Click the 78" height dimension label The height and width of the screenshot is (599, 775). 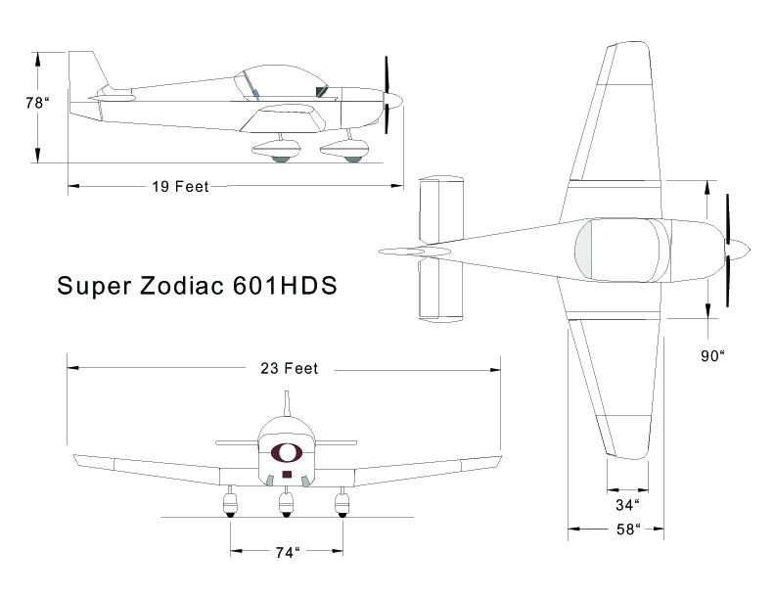pos(38,103)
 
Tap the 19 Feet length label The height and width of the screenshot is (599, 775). pos(180,187)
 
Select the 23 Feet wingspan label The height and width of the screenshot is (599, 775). pos(289,369)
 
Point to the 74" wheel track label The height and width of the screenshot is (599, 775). pos(288,553)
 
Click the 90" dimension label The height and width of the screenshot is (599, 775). pos(712,356)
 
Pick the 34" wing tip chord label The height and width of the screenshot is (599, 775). pos(627,505)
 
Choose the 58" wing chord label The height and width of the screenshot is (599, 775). pos(628,530)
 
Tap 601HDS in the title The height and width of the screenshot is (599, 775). pos(285,286)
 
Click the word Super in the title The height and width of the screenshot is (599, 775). pos(94,287)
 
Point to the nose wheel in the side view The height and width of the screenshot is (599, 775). pos(353,160)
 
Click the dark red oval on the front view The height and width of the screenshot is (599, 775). pos(286,452)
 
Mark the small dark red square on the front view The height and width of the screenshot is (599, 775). pos(286,475)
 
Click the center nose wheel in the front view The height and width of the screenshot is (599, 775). pos(286,505)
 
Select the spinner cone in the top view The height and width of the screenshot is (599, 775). pos(738,251)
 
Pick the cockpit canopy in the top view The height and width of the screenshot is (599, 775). pos(621,251)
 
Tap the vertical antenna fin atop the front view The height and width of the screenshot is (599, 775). pos(286,403)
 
